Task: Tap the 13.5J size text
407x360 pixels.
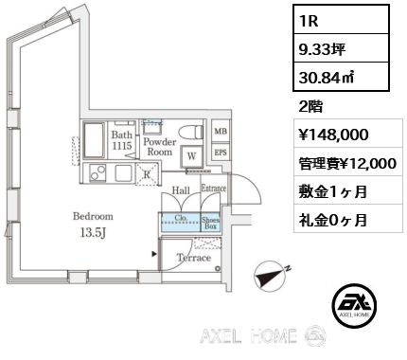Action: pos(93,233)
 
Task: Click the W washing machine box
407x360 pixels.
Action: pos(192,156)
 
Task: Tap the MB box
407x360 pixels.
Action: pos(221,132)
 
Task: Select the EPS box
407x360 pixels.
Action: pos(221,153)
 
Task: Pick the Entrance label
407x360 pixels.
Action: pos(213,189)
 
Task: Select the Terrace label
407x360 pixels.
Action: pos(196,257)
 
